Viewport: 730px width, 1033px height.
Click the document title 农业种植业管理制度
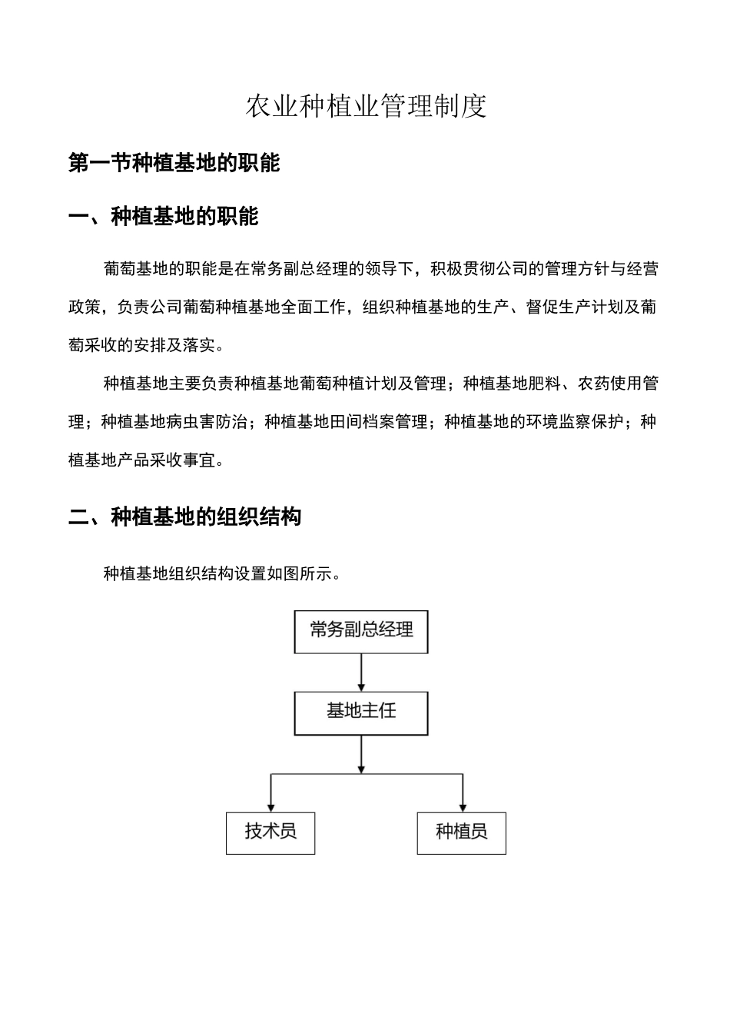[366, 107]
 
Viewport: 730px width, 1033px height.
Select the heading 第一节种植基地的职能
[174, 163]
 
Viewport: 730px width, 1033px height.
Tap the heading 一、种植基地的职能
[163, 217]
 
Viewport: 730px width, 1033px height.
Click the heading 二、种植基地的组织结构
[184, 516]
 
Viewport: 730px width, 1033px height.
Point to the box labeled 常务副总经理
[361, 631]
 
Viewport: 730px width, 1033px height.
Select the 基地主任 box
[361, 712]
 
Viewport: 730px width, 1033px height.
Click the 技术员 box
[270, 832]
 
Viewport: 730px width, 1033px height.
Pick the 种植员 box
[461, 832]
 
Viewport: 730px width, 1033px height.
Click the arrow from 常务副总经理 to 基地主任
[361, 673]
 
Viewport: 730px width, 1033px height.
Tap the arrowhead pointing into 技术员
[270, 806]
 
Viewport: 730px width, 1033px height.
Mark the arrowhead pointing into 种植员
[462, 806]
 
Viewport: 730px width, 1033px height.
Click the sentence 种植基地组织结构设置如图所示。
[222, 574]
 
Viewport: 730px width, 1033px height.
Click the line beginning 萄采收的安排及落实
[147, 346]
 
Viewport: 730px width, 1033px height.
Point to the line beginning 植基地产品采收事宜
[147, 460]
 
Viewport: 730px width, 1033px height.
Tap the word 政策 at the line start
[85, 307]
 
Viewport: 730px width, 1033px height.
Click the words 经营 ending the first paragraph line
[642, 269]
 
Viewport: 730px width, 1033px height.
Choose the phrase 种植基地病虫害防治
[174, 422]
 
